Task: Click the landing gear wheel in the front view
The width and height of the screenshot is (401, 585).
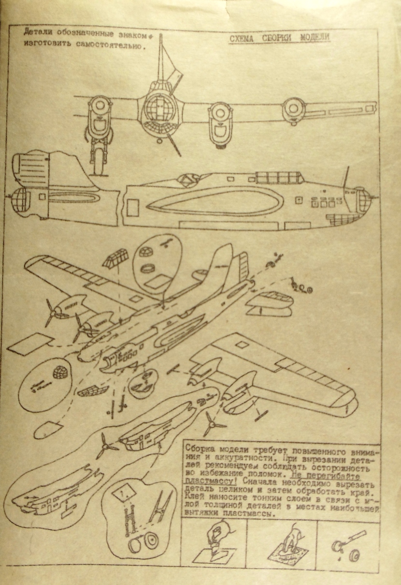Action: (x=99, y=163)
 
